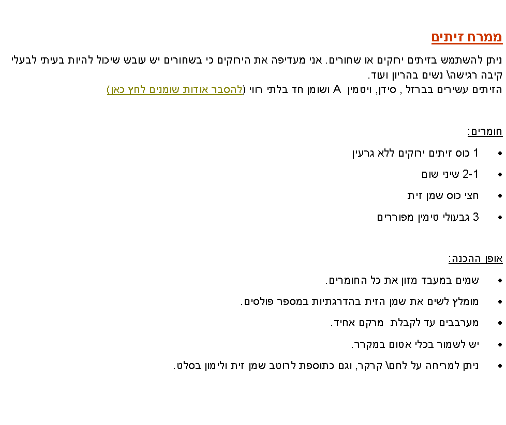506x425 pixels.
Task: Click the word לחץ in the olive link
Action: point(135,89)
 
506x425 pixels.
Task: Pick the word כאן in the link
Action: point(117,89)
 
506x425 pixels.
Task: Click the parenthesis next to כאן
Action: point(109,89)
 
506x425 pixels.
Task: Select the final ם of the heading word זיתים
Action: point(436,37)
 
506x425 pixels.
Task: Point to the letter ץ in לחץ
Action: point(129,90)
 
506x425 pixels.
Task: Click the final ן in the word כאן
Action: point(112,90)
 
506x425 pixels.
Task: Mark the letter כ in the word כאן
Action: point(123,89)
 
